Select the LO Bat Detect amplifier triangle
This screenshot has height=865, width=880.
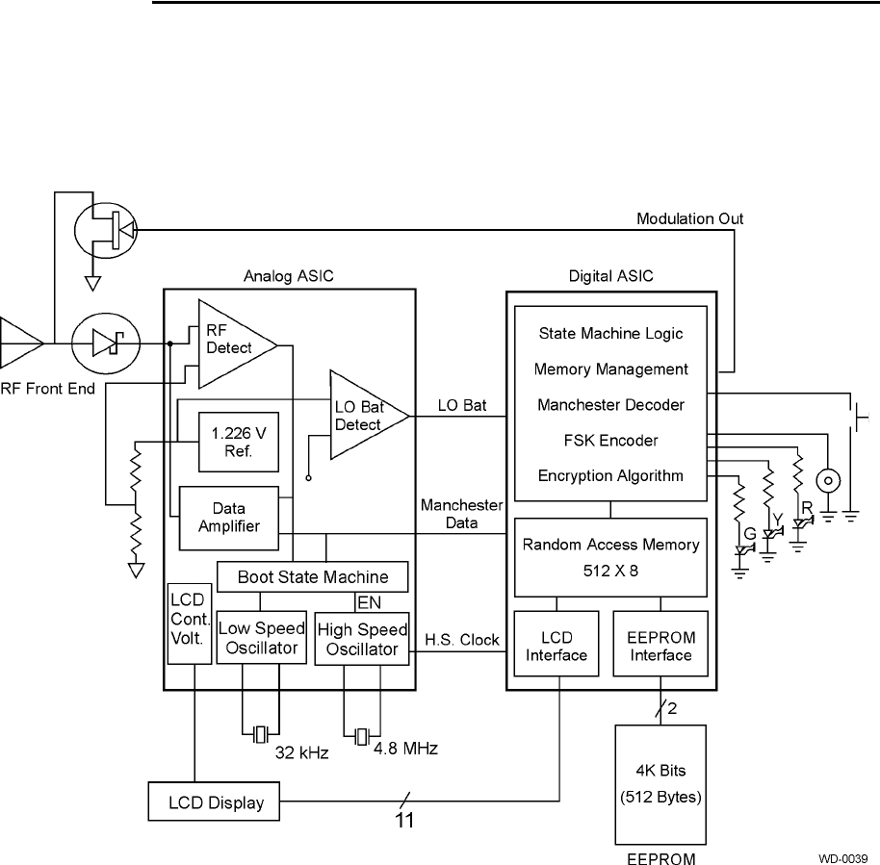point(366,415)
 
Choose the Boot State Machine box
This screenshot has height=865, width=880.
point(313,577)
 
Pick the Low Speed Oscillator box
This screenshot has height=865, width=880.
point(261,639)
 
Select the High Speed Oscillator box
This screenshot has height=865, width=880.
point(361,639)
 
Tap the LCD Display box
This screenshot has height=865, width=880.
point(213,801)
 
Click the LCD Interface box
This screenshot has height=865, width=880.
point(556,647)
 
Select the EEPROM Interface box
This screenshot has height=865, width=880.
point(660,647)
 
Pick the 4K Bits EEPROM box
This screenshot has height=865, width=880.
point(660,784)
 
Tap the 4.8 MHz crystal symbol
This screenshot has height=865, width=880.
point(361,736)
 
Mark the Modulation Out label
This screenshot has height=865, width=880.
point(689,219)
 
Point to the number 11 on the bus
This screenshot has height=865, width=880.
point(406,823)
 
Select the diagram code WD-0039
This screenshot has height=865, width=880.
point(843,857)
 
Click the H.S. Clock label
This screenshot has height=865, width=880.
point(462,639)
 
